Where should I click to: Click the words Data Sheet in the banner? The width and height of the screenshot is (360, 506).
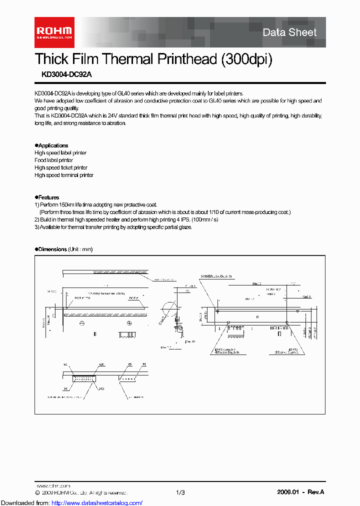(289, 32)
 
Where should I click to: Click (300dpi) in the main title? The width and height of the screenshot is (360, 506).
(245, 59)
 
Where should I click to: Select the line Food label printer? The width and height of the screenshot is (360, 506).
(53, 160)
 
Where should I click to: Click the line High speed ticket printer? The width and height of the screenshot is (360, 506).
(60, 168)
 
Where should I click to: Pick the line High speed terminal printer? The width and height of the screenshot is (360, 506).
(63, 175)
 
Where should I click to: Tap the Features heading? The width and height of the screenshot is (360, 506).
(48, 197)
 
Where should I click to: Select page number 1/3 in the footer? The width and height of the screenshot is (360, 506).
(180, 492)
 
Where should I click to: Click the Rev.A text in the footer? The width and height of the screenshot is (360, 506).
(315, 492)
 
